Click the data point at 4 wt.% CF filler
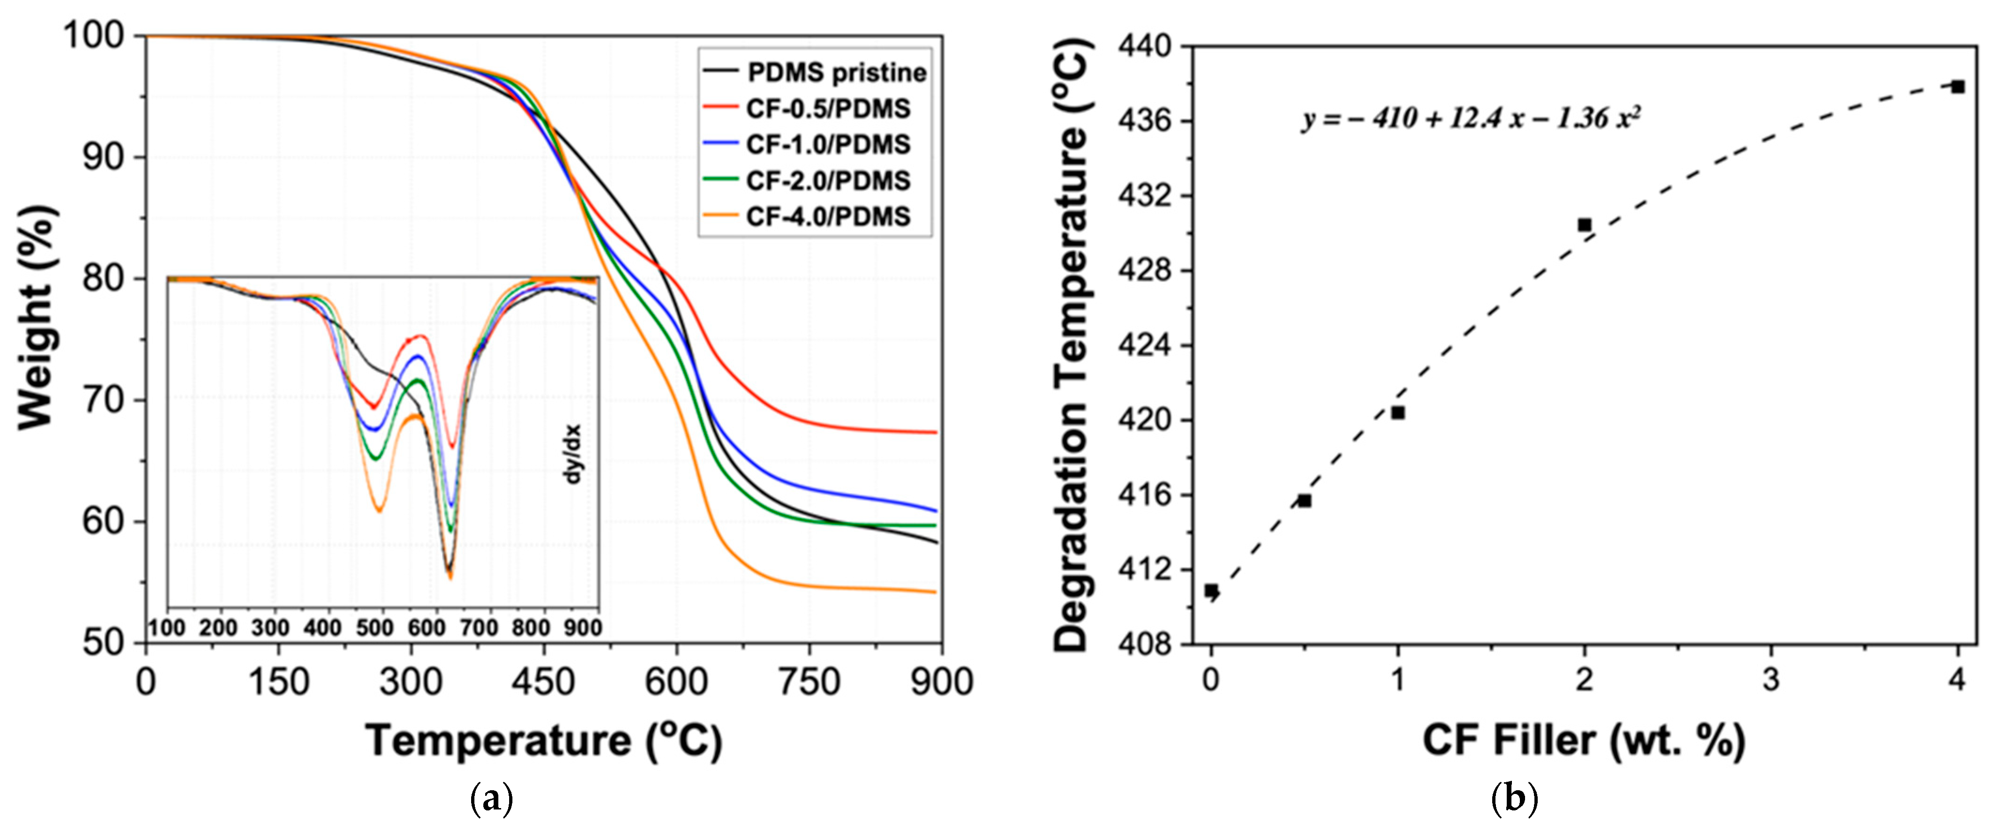pyautogui.click(x=1957, y=87)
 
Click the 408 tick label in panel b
pyautogui.click(x=1144, y=643)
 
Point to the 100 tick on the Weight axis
pyautogui.click(x=93, y=36)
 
